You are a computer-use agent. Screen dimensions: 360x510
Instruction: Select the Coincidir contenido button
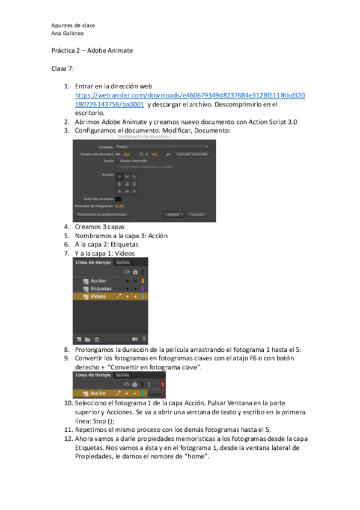[x=192, y=154]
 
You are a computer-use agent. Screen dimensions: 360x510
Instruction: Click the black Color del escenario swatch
[x=119, y=198]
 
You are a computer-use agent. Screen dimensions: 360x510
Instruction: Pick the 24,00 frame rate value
[x=120, y=206]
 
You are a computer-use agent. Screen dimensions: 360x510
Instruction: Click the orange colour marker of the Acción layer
[x=142, y=281]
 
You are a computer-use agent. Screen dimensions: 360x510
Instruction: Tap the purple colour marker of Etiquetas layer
[x=142, y=289]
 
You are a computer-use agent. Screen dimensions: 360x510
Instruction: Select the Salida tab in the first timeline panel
[x=123, y=262]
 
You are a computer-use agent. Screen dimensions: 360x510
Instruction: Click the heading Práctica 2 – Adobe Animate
[x=91, y=51]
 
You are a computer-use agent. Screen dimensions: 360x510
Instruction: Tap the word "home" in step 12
[x=198, y=456]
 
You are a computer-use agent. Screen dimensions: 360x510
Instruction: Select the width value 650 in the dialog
[x=127, y=154]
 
